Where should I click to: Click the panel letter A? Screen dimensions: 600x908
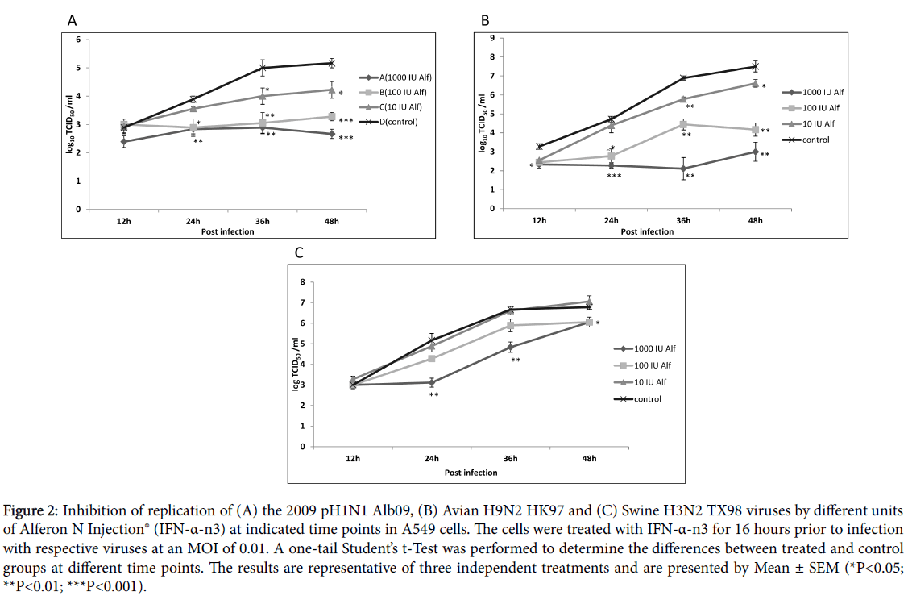tap(73, 19)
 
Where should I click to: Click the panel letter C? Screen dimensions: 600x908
tap(298, 252)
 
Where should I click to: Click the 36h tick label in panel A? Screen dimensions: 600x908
tap(263, 221)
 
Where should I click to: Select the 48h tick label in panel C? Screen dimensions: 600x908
tap(589, 459)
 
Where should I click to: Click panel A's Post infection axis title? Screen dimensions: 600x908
tap(227, 231)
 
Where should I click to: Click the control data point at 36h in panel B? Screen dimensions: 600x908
tap(683, 78)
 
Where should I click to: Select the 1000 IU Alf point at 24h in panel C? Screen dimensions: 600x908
tap(432, 382)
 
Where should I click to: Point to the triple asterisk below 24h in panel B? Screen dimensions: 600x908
tap(613, 176)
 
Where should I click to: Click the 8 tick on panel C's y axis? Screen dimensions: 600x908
tap(302, 281)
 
